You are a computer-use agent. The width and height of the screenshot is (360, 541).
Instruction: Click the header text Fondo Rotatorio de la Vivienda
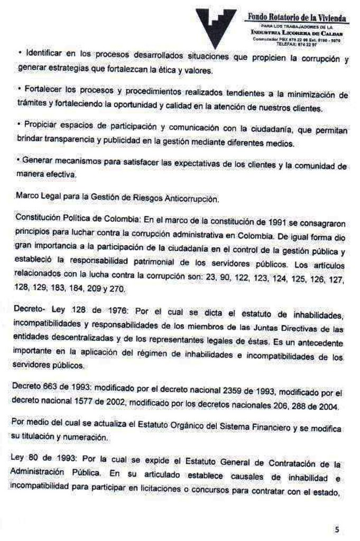pyautogui.click(x=297, y=18)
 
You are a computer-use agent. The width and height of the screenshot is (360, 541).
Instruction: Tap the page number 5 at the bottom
pyautogui.click(x=337, y=528)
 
